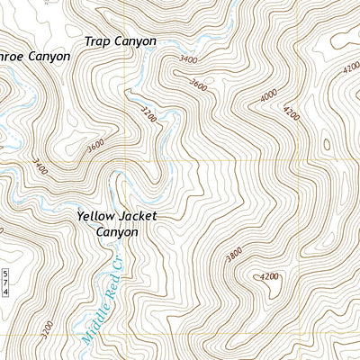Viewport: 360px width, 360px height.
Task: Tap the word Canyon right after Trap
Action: [x=134, y=41]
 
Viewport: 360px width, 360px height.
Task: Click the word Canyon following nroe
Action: [x=49, y=56]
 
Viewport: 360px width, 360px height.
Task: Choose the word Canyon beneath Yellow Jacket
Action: [x=117, y=231]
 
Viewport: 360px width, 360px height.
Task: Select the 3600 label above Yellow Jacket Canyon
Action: [x=96, y=144]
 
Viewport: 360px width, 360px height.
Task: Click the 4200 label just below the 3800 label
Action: [x=267, y=277]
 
